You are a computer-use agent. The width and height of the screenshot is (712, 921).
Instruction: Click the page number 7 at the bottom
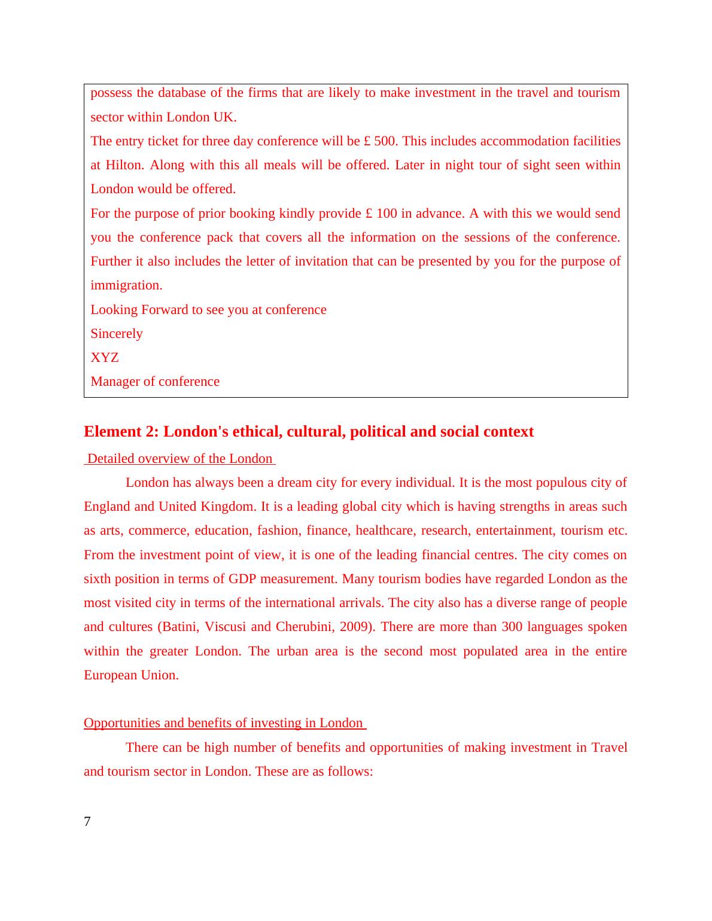pos(87,822)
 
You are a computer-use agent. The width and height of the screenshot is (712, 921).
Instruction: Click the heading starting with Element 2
pos(308,432)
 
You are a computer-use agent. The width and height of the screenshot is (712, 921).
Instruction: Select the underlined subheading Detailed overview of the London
pos(179,459)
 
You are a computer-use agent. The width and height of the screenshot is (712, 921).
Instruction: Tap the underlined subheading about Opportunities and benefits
pos(224,723)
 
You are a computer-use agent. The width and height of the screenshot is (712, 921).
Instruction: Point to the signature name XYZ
pos(105,358)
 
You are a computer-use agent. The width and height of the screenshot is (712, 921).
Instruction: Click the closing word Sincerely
pos(117,334)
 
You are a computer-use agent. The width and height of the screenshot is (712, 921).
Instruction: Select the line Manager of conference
pos(155,382)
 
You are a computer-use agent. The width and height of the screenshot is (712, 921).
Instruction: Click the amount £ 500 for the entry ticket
pos(381,141)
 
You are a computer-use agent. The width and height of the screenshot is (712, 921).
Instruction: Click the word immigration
pos(126,285)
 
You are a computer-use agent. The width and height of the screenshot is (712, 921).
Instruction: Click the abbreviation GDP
pos(243,579)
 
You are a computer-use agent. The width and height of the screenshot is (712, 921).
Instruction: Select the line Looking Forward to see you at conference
pos(208,310)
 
